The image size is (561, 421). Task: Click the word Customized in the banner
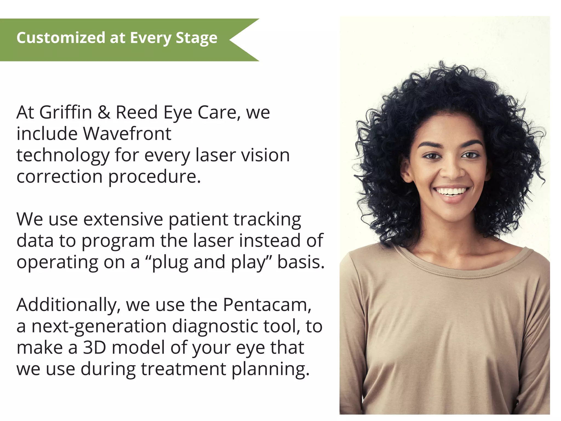61,38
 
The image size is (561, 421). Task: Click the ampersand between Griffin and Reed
104,112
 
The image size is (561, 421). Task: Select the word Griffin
65,112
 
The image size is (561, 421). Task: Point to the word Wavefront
127,134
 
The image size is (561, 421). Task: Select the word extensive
123,219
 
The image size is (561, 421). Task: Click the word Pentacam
267,305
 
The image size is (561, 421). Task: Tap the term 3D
94,348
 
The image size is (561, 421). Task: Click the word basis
301,262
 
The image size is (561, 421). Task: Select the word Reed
137,112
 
